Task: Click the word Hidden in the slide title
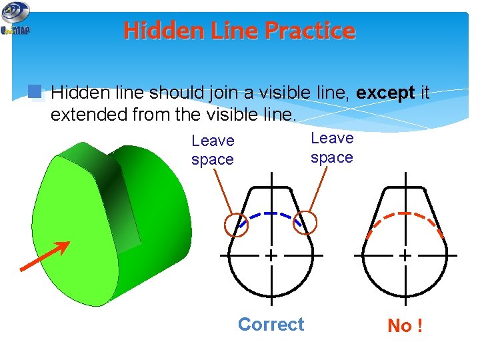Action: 156,31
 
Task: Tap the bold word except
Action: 386,93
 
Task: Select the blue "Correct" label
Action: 271,325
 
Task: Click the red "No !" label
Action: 405,326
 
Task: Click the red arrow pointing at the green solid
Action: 45,256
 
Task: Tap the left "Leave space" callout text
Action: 213,150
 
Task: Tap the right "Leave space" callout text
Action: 331,147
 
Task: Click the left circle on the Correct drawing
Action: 237,225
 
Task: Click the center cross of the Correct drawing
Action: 271,255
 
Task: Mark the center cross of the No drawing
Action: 405,255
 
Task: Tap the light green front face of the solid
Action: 73,220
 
